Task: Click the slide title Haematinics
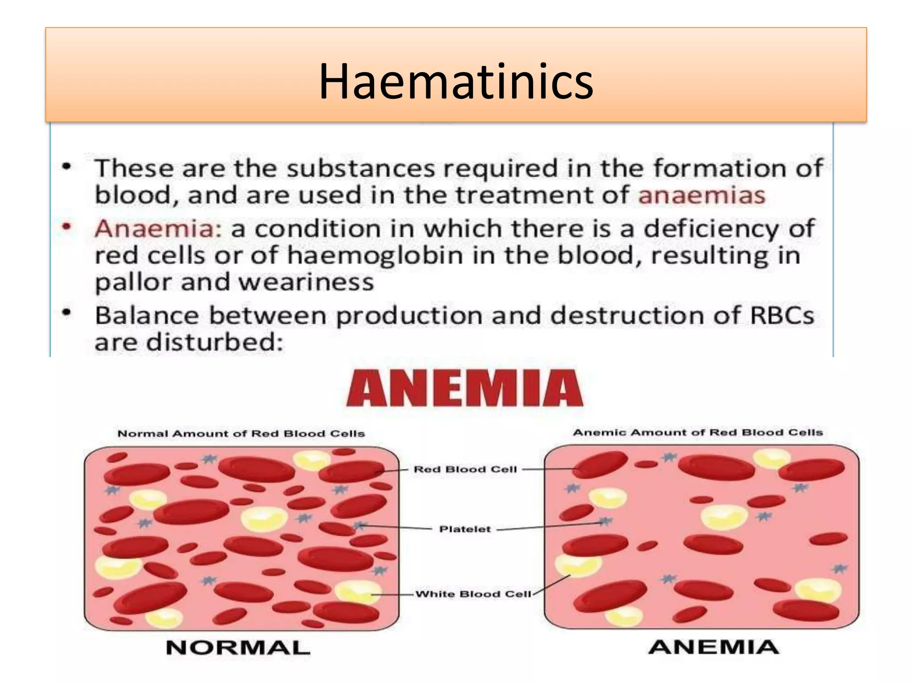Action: point(456,81)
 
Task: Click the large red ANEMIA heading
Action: point(464,388)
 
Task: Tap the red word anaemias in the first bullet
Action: point(702,195)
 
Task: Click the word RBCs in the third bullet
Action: point(782,315)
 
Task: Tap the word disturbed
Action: point(215,342)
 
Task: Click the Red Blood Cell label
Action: point(465,469)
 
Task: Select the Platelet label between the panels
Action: point(465,529)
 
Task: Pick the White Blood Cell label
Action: point(473,594)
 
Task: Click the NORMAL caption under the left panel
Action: point(238,647)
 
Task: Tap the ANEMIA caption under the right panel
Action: point(714,647)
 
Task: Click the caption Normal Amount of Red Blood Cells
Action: point(241,434)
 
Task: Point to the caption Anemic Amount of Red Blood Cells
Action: point(698,432)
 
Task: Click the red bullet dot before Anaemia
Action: point(67,227)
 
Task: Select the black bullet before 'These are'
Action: point(67,167)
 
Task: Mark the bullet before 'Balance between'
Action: point(67,313)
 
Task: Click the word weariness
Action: point(306,283)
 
